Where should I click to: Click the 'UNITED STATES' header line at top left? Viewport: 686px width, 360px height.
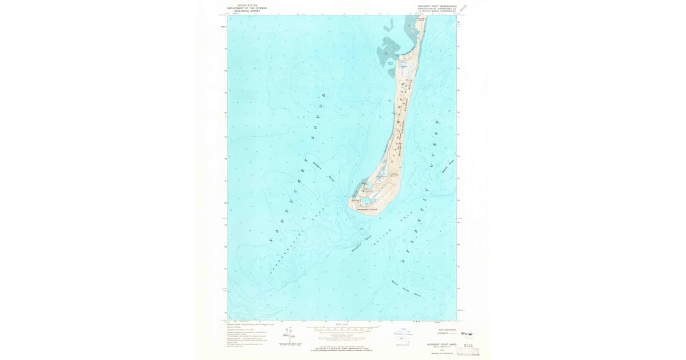pyautogui.click(x=242, y=5)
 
